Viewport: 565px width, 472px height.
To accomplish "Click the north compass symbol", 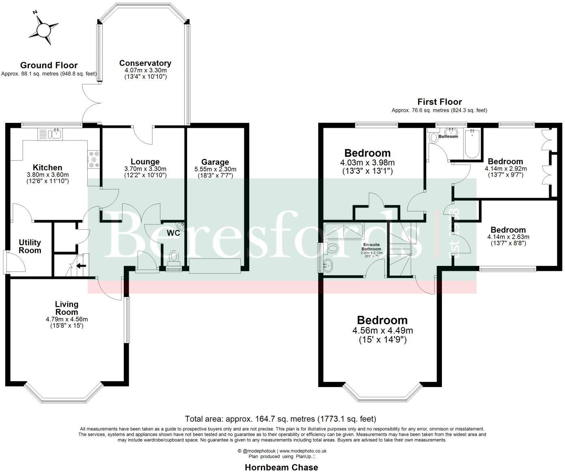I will tap(42, 29).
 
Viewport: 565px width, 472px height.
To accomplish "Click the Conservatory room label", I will tap(145, 63).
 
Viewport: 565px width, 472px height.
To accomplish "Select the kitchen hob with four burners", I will tap(94, 159).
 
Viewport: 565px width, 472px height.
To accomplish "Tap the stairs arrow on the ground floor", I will tap(81, 266).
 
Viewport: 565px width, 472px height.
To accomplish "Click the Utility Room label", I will tap(30, 246).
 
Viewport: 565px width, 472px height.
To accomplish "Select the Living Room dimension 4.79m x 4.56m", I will tap(67, 319).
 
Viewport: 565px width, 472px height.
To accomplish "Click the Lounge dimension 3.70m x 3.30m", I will tap(145, 169).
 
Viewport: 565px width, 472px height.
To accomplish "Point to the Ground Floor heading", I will tap(49, 65).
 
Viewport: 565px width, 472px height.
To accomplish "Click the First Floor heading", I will tap(439, 102).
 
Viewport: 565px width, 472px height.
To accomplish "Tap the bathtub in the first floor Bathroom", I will tap(472, 144).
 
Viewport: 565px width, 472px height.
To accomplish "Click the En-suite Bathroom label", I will tap(371, 247).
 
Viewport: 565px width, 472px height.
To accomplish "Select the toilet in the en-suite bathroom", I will tap(332, 248).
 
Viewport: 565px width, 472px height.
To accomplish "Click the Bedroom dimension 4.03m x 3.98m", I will tap(367, 163).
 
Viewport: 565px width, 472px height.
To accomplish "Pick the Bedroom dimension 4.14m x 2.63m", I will tap(508, 237).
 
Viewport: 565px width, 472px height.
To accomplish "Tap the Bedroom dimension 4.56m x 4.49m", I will tap(382, 330).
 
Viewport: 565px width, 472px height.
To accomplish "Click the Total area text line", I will tap(280, 418).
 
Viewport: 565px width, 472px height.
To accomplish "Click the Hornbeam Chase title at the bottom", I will tap(281, 467).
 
